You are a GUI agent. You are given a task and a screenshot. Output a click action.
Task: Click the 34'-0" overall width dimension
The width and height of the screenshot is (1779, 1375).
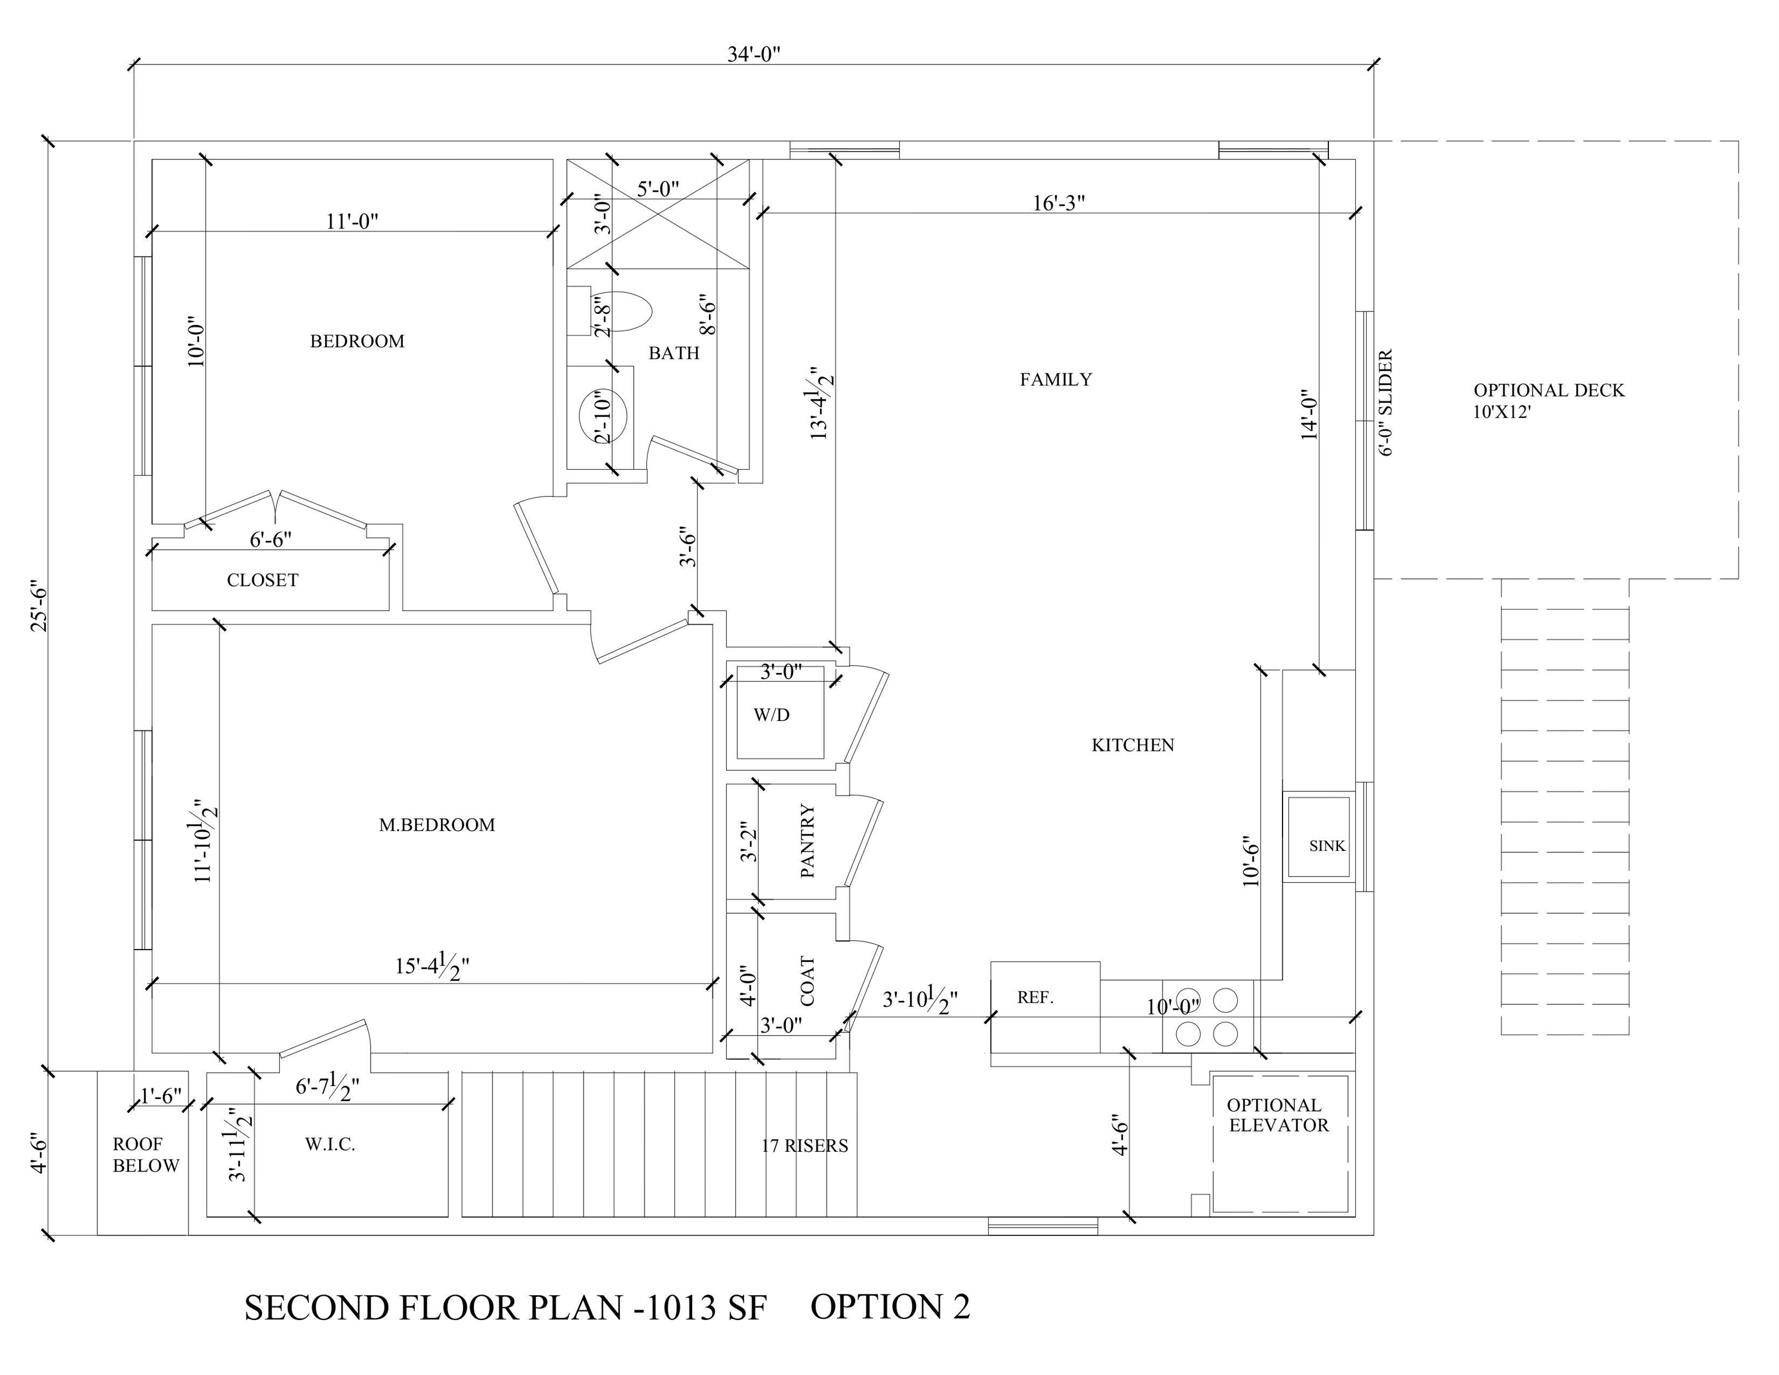[x=754, y=54]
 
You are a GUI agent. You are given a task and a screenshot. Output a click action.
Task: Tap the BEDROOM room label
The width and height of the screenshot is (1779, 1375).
[x=357, y=341]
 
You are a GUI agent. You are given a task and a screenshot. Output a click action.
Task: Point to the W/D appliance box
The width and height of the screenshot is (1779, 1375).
[x=779, y=713]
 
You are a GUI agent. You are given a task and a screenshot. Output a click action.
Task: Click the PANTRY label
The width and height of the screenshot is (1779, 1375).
[x=807, y=841]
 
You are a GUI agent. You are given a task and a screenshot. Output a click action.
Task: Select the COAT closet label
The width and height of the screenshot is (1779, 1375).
[x=807, y=981]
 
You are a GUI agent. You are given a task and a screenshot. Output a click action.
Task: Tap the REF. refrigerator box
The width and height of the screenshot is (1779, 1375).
[x=1043, y=1007]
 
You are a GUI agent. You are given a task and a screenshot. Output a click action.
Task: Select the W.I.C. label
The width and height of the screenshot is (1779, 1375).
[x=330, y=1145]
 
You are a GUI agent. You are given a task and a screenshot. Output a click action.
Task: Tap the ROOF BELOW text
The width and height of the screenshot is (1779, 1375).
[x=145, y=1155]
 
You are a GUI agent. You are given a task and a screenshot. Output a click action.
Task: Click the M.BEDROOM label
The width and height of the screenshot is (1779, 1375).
[x=437, y=825]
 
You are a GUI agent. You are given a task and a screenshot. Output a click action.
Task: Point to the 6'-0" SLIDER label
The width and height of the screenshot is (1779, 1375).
[x=1386, y=402]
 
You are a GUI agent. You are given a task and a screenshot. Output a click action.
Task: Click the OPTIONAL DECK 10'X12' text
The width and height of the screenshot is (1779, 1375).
[x=1547, y=400]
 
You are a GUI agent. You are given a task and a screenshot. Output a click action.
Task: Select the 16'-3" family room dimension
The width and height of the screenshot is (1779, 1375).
[x=1058, y=203]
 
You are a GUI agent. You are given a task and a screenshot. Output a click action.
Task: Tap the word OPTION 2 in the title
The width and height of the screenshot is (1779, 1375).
[x=889, y=1306]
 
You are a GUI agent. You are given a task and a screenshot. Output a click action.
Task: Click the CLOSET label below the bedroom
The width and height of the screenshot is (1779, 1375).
[x=263, y=580]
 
